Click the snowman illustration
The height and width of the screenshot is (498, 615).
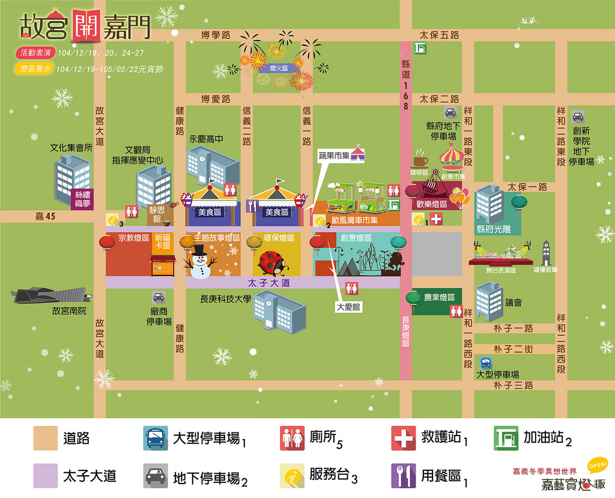[x=199, y=261]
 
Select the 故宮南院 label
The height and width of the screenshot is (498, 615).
[x=70, y=311]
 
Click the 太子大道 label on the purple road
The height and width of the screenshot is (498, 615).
[x=268, y=282]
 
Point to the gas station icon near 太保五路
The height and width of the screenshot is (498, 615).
[x=420, y=49]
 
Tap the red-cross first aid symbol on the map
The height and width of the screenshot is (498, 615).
[x=436, y=220]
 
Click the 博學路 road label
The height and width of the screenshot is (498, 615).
[x=216, y=35]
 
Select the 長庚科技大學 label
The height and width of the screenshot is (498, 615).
[x=225, y=299]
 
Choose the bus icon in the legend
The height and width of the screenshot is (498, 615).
[x=156, y=438]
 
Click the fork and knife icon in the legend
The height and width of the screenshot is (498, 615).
[x=403, y=476]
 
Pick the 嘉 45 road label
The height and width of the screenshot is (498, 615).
[x=45, y=217]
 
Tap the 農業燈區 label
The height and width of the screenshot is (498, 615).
[x=440, y=297]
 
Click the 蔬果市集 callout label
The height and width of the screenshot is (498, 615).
[x=334, y=155]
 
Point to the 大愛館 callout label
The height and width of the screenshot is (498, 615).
[x=348, y=307]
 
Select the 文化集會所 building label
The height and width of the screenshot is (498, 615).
[x=71, y=147]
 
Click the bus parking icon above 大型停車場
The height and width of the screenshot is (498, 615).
[x=485, y=363]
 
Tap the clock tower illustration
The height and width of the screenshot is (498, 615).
[x=546, y=254]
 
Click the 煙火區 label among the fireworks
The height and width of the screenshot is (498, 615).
[x=279, y=69]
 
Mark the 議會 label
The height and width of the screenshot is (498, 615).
[x=514, y=303]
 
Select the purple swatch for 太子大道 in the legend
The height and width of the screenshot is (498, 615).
[x=46, y=476]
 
